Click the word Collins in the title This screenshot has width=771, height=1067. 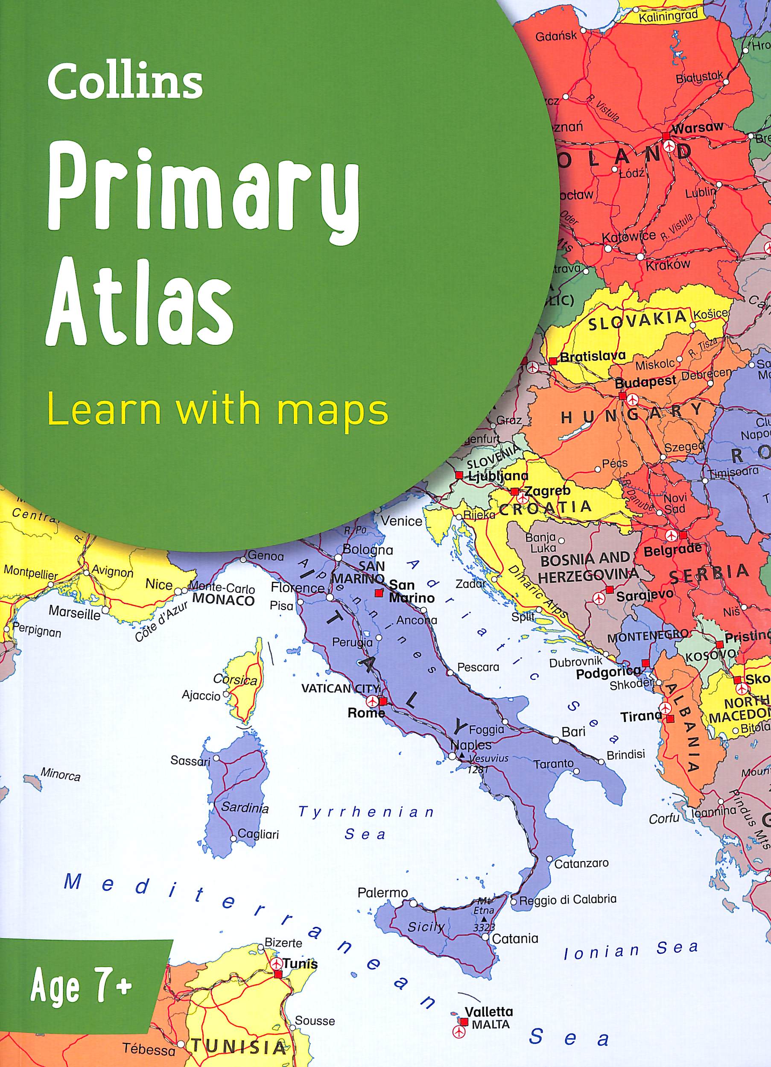[125, 82]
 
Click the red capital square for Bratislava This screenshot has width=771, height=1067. [553, 361]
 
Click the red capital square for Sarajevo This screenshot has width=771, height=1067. [609, 589]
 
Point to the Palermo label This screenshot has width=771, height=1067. [383, 892]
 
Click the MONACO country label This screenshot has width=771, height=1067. [223, 600]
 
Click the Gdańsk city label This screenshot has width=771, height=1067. [556, 37]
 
